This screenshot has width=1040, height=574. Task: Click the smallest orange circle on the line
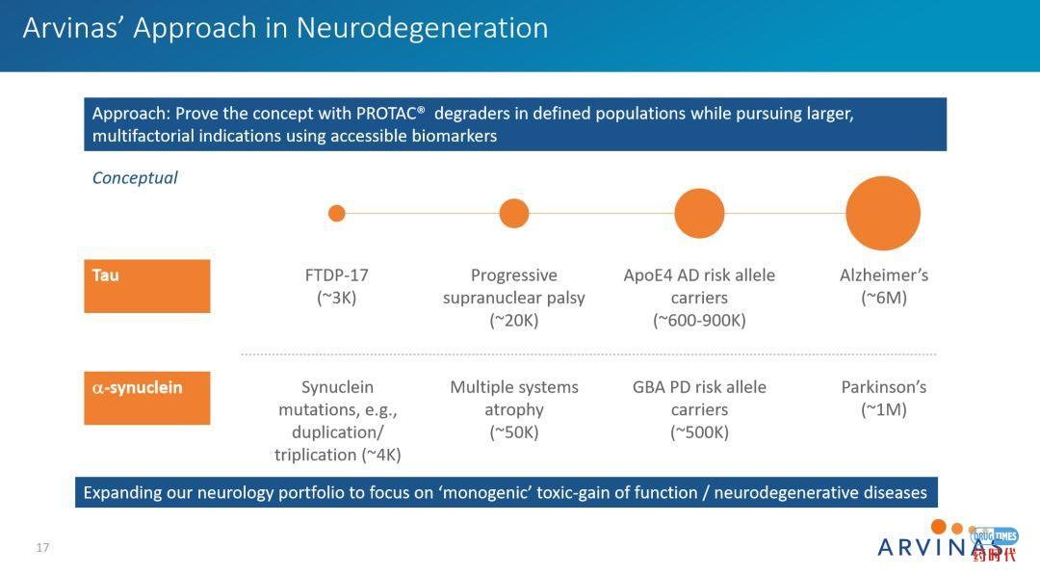pos(336,213)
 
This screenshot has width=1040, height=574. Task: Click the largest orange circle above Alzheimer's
pos(882,213)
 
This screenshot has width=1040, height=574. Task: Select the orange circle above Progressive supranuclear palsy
pos(514,213)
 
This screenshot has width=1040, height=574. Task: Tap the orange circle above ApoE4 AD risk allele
pos(699,213)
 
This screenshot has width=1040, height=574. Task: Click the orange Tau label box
pos(147,286)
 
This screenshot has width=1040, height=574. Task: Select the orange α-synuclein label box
pos(147,398)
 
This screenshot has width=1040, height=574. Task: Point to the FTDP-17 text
pos(336,275)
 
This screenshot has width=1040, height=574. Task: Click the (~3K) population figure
pos(336,299)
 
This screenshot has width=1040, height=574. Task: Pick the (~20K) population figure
pos(514,321)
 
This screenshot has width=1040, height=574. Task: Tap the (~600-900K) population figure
pos(699,321)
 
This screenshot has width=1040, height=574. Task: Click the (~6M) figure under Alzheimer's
pos(883,299)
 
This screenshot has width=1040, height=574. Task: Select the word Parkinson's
pos(883,387)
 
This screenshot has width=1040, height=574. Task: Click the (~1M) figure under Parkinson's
pos(883,410)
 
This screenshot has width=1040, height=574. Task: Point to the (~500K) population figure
pos(699,432)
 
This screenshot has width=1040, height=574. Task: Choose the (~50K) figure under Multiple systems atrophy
pos(514,432)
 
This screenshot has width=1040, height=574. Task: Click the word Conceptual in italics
pos(135,178)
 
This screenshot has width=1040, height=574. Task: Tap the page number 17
pos(42,548)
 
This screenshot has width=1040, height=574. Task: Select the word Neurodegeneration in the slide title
pos(422,28)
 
